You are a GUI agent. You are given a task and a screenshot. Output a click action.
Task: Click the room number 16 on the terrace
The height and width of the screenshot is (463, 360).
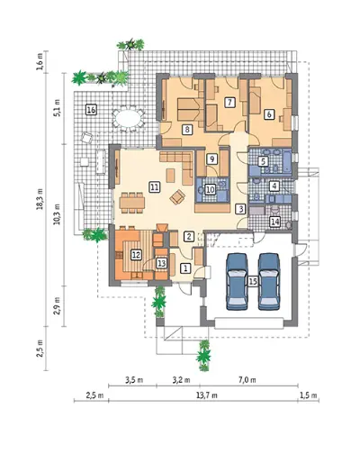point(91,110)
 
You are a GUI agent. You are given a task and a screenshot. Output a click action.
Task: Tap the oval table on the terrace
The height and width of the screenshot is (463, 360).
point(128,119)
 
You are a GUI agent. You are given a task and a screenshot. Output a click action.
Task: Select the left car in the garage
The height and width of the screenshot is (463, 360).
point(237,281)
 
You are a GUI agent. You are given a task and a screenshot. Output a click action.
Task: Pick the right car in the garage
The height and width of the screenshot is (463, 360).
point(269,281)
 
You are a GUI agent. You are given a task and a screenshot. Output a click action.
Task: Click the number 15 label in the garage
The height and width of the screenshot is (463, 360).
point(253,281)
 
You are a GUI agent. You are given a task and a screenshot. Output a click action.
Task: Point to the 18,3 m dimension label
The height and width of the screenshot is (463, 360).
point(40,199)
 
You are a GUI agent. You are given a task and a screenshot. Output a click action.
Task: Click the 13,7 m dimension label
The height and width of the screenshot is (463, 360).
point(207,395)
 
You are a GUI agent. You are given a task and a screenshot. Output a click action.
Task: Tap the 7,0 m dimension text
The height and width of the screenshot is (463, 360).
point(247,380)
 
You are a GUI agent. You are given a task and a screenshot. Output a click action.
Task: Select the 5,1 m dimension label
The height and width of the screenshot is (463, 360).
point(58,108)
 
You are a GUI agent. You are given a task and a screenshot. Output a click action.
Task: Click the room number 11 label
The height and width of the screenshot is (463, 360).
point(154,187)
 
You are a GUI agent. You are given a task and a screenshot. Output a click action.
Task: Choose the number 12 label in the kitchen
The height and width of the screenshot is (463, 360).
point(136,255)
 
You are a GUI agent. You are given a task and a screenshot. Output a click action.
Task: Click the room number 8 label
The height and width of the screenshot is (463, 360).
point(187,130)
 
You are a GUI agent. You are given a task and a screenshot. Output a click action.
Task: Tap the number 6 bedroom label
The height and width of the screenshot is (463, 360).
point(269,114)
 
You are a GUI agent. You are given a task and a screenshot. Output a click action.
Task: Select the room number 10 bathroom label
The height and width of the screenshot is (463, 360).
point(211,189)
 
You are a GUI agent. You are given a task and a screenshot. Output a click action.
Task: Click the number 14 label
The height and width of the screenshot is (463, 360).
point(274,222)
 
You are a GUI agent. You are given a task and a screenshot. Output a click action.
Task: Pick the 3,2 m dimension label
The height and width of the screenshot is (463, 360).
point(182,380)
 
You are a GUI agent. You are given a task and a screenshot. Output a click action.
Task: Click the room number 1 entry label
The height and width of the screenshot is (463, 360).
point(185,268)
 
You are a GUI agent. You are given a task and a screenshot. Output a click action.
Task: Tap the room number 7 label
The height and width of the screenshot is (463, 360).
point(229,103)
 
